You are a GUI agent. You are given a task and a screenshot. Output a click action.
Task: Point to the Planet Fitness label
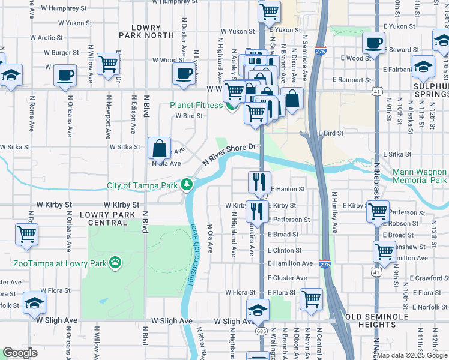(x=196, y=105)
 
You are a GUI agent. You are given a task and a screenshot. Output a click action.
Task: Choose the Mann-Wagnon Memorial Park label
(x=420, y=176)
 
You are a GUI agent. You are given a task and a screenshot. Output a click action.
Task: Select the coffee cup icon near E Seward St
(x=373, y=43)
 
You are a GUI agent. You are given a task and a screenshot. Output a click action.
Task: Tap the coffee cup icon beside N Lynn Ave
(x=184, y=73)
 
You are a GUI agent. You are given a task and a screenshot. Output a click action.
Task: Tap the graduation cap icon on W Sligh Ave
(x=258, y=309)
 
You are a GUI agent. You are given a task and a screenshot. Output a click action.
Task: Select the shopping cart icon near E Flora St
(x=311, y=298)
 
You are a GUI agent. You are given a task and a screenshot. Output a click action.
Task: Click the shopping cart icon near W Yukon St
(x=270, y=10)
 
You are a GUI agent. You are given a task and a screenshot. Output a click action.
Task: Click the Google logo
(x=20, y=353)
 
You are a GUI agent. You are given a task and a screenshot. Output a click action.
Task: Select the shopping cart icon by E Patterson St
(x=377, y=211)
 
